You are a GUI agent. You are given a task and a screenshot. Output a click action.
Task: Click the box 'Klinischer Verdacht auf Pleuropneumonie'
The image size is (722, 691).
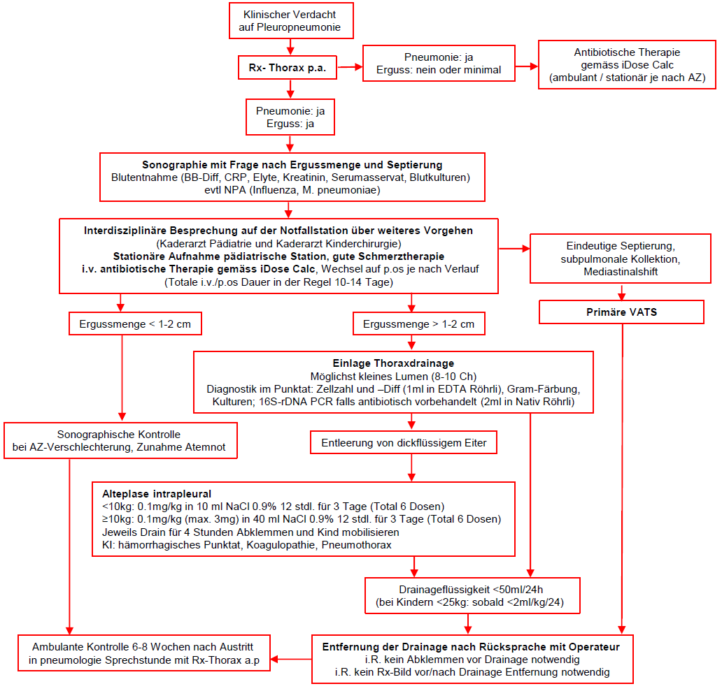291,21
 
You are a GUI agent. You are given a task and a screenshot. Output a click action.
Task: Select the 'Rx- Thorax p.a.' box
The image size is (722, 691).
288,68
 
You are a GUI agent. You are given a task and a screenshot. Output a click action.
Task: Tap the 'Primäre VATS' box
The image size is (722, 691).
622,312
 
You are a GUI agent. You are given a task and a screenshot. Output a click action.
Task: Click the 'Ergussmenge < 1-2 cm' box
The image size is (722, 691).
135,323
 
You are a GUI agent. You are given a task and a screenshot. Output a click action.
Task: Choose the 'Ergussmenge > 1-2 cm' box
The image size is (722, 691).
418,323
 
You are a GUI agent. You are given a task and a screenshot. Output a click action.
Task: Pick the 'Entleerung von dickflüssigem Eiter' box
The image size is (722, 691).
404,442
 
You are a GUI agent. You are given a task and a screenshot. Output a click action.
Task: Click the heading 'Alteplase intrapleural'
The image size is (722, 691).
157,494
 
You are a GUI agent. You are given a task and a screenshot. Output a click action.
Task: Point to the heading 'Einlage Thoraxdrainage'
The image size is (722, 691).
393,363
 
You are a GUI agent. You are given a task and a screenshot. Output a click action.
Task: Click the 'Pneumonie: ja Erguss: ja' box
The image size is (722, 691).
290,117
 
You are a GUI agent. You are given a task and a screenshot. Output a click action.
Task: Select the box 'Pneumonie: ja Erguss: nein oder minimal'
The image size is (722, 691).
439,64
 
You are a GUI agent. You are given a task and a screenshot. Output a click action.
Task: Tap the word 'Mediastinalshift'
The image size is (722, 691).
621,272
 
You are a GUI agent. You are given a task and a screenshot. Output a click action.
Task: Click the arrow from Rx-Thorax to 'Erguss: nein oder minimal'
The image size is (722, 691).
350,67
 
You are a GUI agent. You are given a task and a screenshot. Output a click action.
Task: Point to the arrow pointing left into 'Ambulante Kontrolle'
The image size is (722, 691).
291,660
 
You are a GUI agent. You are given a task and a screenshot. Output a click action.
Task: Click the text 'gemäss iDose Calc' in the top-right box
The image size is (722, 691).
627,65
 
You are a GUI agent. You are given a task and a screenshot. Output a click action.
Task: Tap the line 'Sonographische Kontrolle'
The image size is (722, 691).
119,435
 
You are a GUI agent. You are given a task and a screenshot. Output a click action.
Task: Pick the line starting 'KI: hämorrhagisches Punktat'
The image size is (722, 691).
247,545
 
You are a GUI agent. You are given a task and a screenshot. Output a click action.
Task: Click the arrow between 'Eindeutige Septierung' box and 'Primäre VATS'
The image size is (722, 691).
622,292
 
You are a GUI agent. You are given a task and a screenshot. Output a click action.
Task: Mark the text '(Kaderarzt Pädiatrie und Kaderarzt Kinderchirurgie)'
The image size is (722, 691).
278,243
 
